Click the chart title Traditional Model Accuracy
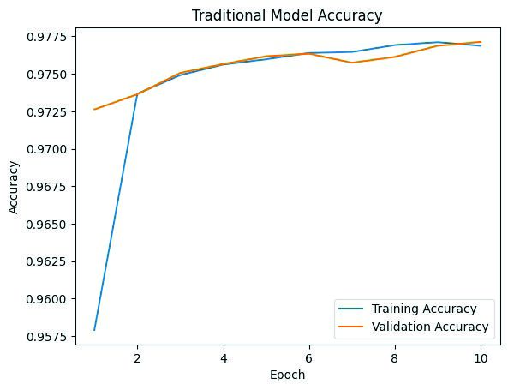click(x=287, y=15)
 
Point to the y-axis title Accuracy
click(x=14, y=188)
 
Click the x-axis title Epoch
click(x=287, y=375)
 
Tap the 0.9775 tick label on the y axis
click(x=46, y=37)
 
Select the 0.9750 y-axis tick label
click(x=46, y=75)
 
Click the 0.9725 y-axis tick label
click(x=46, y=112)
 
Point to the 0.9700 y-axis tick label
click(x=46, y=149)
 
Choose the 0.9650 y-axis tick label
click(x=46, y=225)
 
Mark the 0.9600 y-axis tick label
click(x=46, y=299)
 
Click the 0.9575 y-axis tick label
click(x=46, y=337)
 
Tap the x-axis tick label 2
click(x=137, y=358)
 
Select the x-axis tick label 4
click(x=224, y=358)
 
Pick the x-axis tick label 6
click(x=308, y=358)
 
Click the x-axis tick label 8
click(x=394, y=358)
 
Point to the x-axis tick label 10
click(x=481, y=358)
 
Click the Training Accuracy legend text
click(x=424, y=309)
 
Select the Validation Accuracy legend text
click(x=430, y=327)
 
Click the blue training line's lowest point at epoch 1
click(x=94, y=330)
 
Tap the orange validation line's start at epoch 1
click(x=94, y=109)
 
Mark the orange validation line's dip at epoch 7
click(x=352, y=63)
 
